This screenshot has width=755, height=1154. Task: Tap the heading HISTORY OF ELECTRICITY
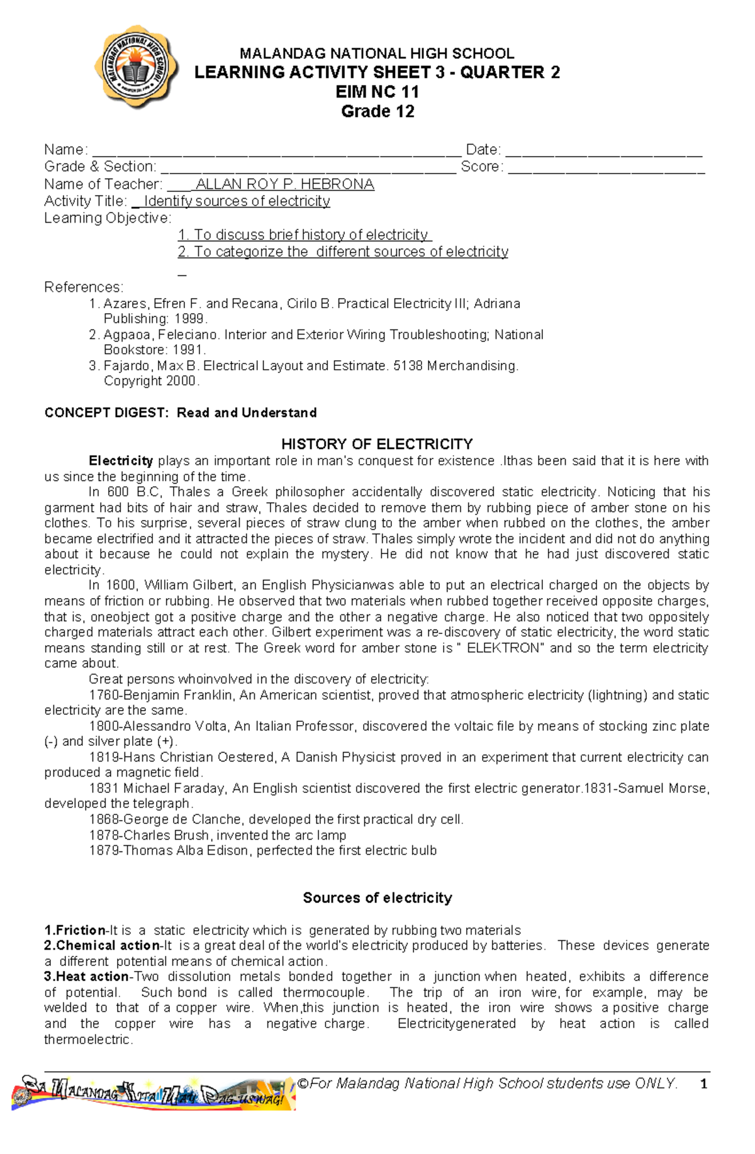[377, 444]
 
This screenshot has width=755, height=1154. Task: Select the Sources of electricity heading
[377, 897]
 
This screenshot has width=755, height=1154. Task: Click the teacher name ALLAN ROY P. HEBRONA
[285, 184]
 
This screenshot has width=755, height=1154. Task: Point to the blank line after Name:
[277, 151]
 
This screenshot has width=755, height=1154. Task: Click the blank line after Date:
[604, 151]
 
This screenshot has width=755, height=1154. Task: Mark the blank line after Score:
[607, 168]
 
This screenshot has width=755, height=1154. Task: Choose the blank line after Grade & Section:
[308, 168]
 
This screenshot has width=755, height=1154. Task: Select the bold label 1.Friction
[75, 930]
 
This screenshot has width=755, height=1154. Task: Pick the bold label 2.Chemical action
[102, 946]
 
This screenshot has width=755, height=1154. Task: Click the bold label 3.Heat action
[86, 977]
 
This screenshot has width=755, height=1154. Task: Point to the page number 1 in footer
[704, 1084]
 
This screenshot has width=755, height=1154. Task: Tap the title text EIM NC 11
[377, 92]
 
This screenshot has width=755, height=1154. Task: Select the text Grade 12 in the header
[377, 111]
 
